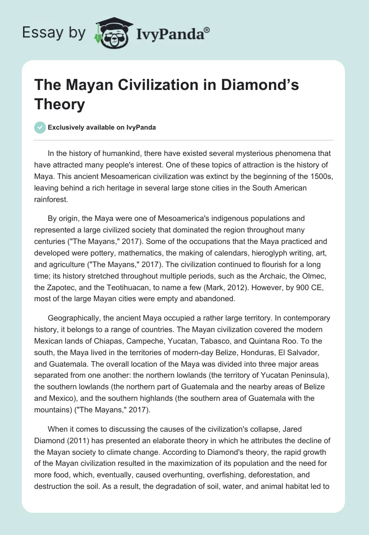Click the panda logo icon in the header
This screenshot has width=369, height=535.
[x=113, y=32]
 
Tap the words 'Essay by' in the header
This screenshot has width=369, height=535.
[x=54, y=33]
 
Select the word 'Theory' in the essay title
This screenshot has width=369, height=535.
[x=60, y=104]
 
